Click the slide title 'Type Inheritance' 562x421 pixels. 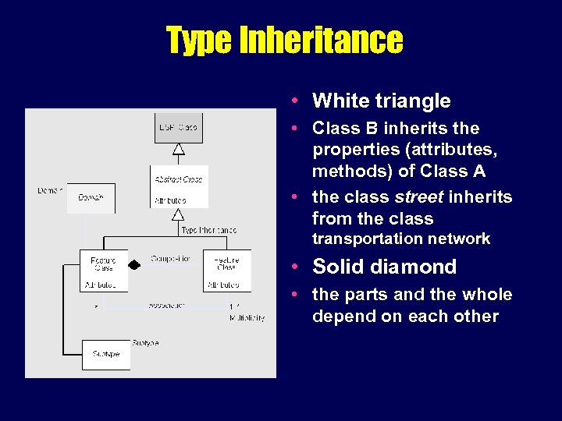click(x=284, y=40)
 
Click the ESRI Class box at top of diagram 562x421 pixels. click(x=178, y=128)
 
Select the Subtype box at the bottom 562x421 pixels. click(x=105, y=354)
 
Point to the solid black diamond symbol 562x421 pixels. click(x=134, y=265)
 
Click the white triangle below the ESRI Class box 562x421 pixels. click(x=179, y=148)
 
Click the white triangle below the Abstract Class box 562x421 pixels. click(x=179, y=214)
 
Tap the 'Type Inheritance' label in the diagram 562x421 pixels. click(x=208, y=231)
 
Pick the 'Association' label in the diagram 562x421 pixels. click(x=167, y=305)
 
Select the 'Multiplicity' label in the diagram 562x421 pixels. click(x=247, y=317)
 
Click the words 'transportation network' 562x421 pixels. click(x=401, y=239)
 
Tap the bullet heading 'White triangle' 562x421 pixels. click(x=381, y=101)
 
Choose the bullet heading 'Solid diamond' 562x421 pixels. click(x=384, y=267)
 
